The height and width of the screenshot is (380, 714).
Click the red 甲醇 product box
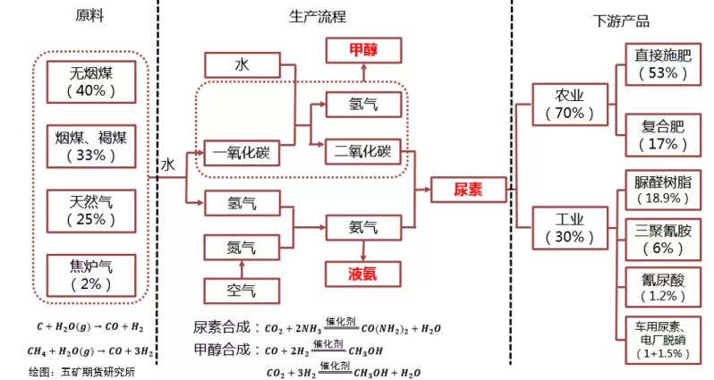pos(363,49)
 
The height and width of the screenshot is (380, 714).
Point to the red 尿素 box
pos(468,190)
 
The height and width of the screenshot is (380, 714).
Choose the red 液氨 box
pos(362,273)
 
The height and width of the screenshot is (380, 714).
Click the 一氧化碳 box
pos(242,153)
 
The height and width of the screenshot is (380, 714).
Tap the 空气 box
pos(242,290)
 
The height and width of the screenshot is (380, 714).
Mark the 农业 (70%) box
pos(569,104)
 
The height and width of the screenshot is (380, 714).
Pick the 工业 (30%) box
pos(569,228)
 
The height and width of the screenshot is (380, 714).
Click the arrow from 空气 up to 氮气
pos(242,267)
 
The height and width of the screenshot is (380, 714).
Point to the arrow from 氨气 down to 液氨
pos(362,249)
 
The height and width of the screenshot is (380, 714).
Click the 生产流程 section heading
pos(318,17)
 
